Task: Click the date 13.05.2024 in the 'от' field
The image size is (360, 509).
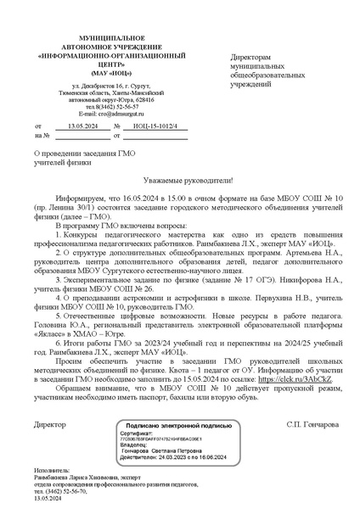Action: tap(82, 126)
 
